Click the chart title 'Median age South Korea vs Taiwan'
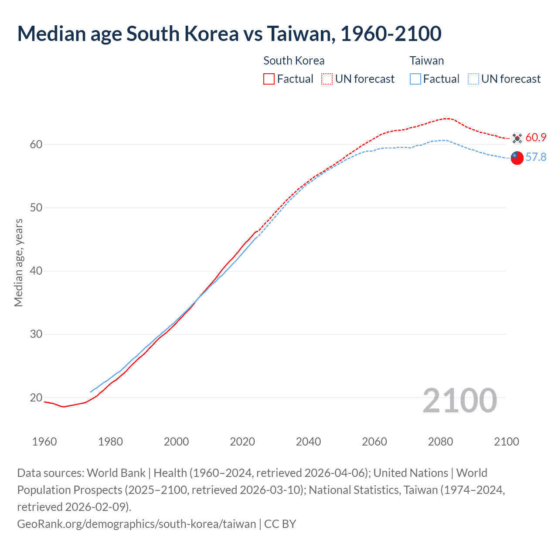(x=229, y=34)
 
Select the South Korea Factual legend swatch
(x=269, y=79)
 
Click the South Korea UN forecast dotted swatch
(x=327, y=79)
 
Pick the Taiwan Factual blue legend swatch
(x=415, y=79)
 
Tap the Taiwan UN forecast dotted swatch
(x=473, y=79)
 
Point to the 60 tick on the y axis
(x=36, y=144)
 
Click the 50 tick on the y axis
(x=36, y=208)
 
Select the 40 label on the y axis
(x=36, y=271)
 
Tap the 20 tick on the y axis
(x=36, y=398)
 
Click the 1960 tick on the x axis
(x=44, y=442)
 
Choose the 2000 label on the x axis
(x=176, y=442)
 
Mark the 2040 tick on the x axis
(x=308, y=442)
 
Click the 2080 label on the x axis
(x=440, y=442)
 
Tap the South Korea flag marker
(x=517, y=138)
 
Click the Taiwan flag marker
(x=517, y=158)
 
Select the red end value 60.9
(x=536, y=138)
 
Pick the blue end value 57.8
(x=536, y=157)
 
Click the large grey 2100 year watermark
(x=459, y=401)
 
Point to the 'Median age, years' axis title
(x=18, y=263)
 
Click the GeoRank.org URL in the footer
(x=136, y=524)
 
